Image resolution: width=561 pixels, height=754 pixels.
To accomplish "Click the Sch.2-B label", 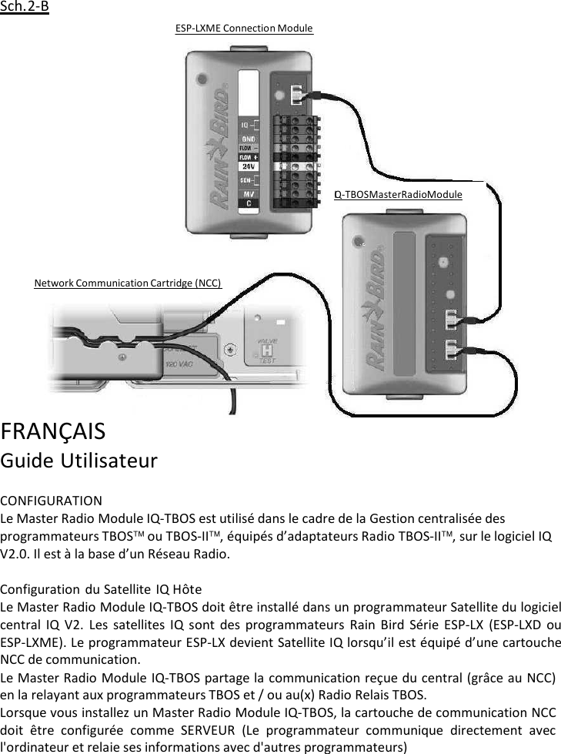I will (x=25, y=8).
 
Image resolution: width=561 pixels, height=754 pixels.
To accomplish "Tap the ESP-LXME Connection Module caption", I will (x=244, y=28).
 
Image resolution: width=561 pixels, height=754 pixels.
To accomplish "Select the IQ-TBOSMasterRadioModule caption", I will (x=398, y=194).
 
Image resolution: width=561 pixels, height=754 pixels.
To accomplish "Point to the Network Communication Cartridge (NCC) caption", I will (x=128, y=283).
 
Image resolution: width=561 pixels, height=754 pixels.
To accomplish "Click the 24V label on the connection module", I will (x=250, y=166).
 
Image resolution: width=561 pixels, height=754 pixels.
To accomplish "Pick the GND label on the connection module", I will (x=250, y=139).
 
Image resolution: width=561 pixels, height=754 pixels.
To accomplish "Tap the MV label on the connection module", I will (x=250, y=193).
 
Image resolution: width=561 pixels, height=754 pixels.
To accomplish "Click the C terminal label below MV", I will (x=250, y=203).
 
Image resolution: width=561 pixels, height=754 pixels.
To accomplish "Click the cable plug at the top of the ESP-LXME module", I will (x=299, y=95).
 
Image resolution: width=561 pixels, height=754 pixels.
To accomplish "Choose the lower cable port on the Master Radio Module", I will (x=454, y=350).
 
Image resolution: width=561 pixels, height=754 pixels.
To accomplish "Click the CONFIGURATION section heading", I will (x=51, y=501).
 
